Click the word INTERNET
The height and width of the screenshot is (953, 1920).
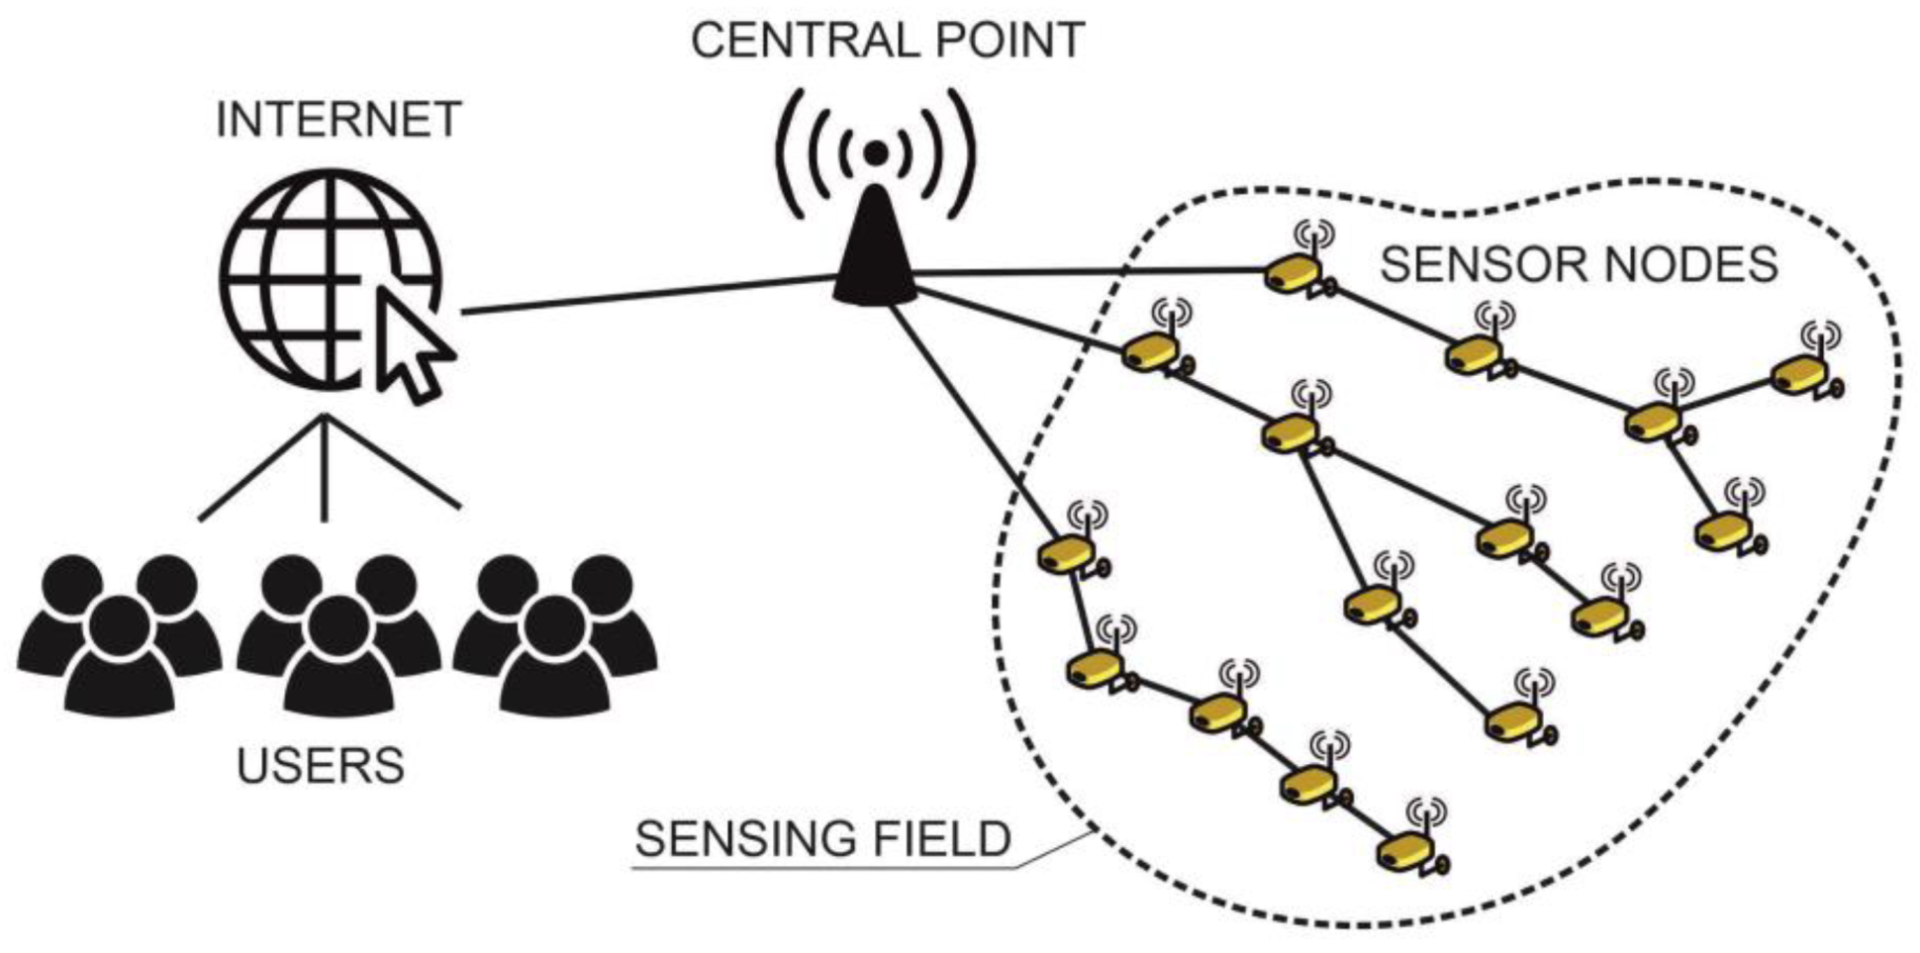(x=338, y=121)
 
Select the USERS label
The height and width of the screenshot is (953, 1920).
(x=321, y=766)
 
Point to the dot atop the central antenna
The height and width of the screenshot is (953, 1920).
(x=876, y=151)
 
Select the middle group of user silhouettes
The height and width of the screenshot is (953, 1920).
(x=338, y=633)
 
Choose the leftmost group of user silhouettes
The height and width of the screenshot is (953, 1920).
(x=119, y=633)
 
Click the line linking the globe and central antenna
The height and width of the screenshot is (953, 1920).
(x=643, y=296)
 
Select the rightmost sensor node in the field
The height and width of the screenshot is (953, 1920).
(x=1799, y=375)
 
